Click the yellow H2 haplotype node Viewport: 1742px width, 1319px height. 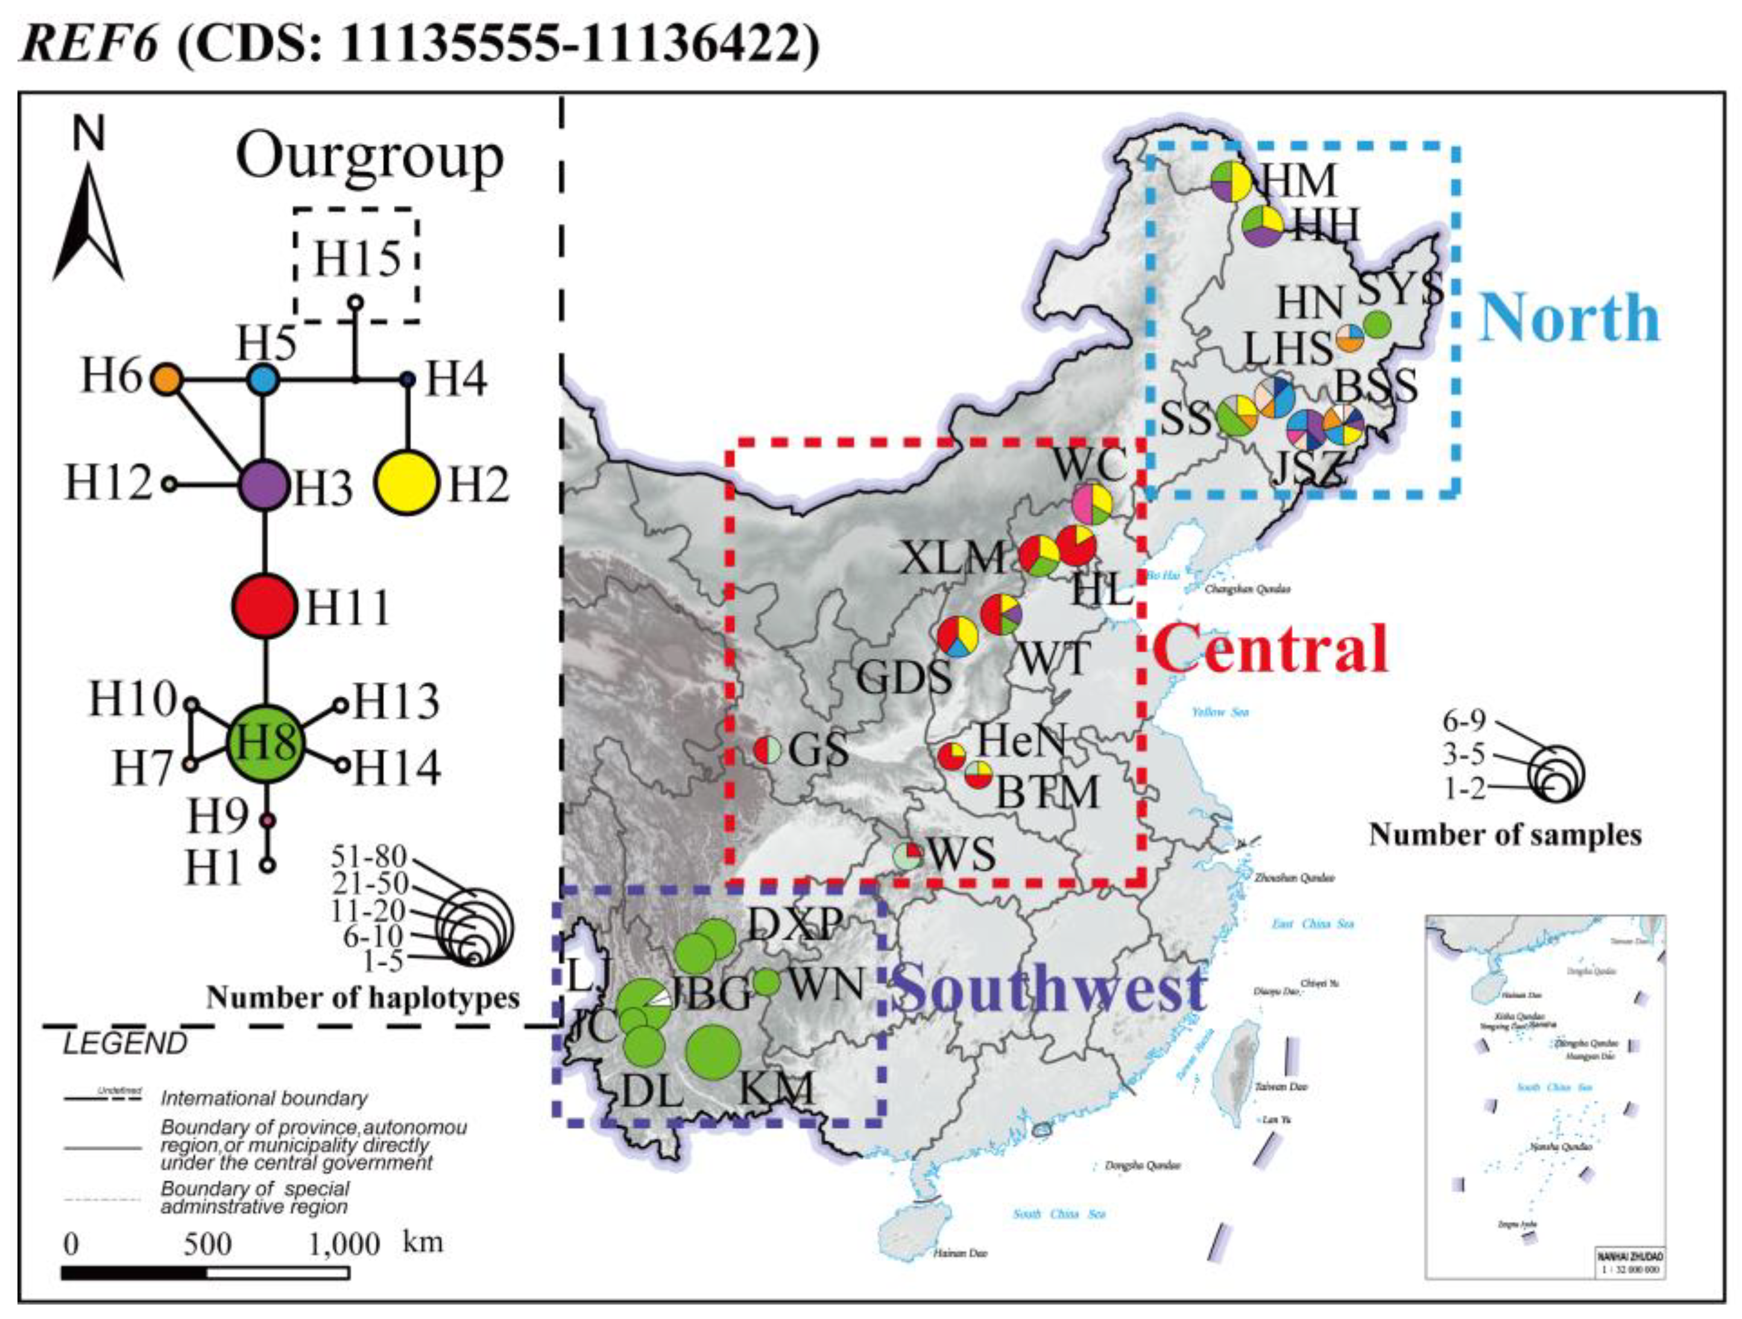pos(406,484)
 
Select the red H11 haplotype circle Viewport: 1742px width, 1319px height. pos(265,606)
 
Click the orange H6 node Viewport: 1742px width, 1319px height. pos(167,379)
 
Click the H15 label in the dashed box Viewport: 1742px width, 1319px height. pos(357,258)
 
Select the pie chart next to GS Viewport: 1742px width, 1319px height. pos(767,750)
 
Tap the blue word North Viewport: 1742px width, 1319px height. pos(1569,317)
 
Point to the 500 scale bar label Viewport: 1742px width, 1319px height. pos(208,1244)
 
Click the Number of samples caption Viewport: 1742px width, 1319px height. pos(1505,835)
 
